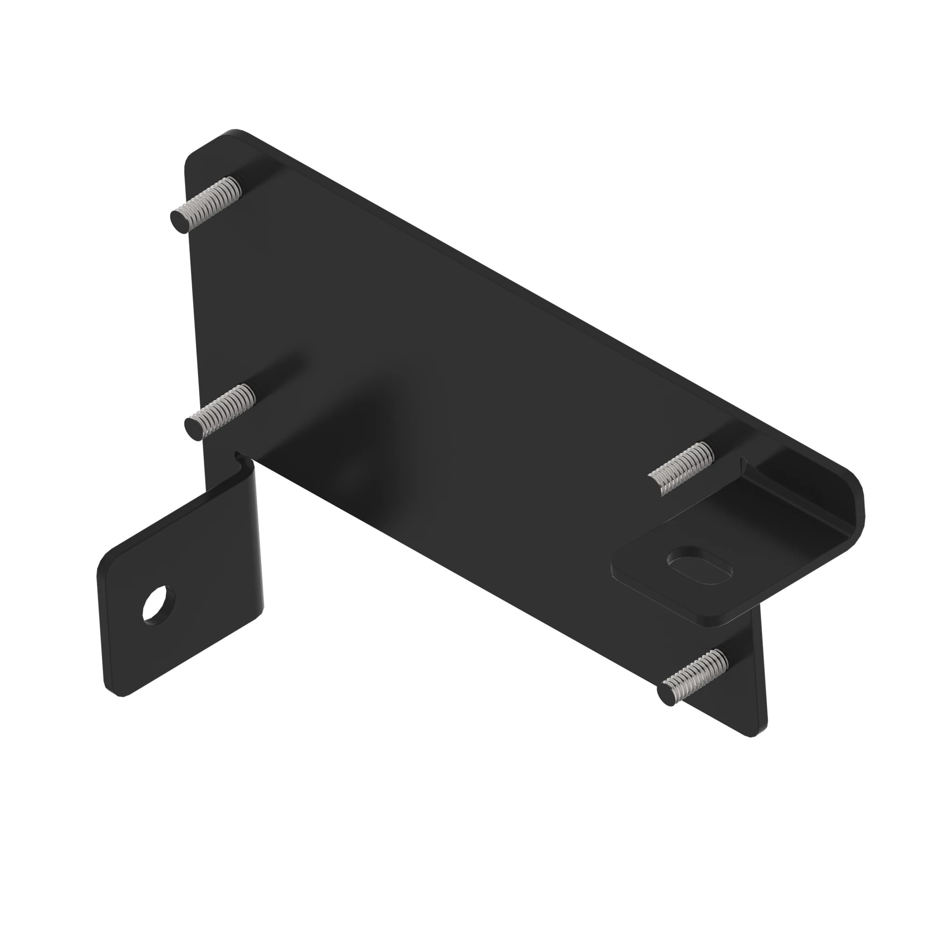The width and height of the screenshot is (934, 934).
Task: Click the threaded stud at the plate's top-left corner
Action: tap(207, 204)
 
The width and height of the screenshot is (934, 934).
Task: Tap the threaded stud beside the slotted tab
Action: tap(682, 468)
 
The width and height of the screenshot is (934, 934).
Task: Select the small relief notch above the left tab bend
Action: tap(238, 454)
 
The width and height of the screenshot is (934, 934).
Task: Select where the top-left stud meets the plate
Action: tap(237, 184)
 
